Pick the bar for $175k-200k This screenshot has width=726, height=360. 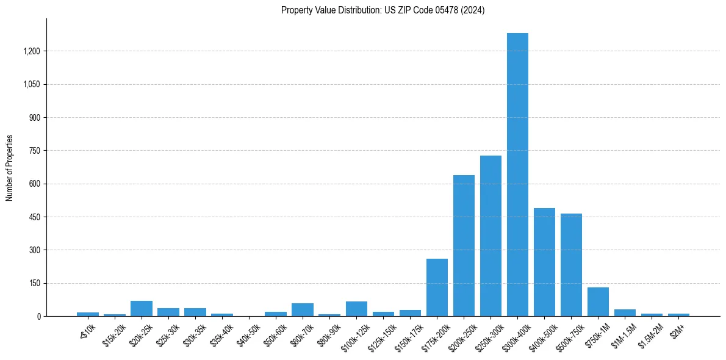click(437, 287)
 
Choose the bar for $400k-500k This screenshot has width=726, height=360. click(544, 262)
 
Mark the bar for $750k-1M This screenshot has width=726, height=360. click(598, 301)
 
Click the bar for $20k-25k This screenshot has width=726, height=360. click(142, 309)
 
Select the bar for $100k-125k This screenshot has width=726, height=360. click(356, 309)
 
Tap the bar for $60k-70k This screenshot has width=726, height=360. click(303, 310)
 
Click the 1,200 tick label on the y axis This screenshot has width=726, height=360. click(32, 51)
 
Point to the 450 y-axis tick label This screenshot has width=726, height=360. click(35, 217)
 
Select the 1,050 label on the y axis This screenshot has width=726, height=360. click(32, 84)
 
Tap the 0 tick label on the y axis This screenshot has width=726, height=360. click(39, 317)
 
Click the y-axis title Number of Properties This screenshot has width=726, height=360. click(10, 168)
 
